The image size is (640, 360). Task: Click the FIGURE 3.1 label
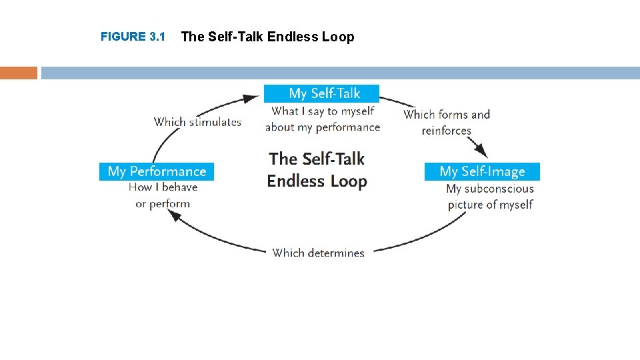[x=133, y=37]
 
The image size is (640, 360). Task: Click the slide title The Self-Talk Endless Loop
[x=267, y=37]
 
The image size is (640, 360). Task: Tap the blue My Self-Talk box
[x=321, y=93]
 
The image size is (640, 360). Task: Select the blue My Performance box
[x=157, y=171]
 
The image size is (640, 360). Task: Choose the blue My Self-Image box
[x=482, y=171]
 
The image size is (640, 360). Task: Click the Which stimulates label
[x=197, y=121]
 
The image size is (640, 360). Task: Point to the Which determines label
[x=318, y=253]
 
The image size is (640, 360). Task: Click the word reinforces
[x=447, y=131]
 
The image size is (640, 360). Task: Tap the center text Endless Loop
[x=317, y=181]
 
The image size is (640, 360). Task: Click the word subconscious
[x=499, y=189]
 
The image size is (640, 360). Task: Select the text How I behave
[x=163, y=187]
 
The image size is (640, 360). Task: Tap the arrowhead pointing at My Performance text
[x=175, y=216]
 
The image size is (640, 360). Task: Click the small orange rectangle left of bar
[x=19, y=73]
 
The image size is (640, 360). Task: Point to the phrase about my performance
[x=323, y=127]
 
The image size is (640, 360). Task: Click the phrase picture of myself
[x=490, y=205]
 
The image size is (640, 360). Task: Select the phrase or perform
[x=163, y=203]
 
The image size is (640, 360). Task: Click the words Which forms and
[x=447, y=114]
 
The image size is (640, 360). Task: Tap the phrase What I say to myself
[x=323, y=111]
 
